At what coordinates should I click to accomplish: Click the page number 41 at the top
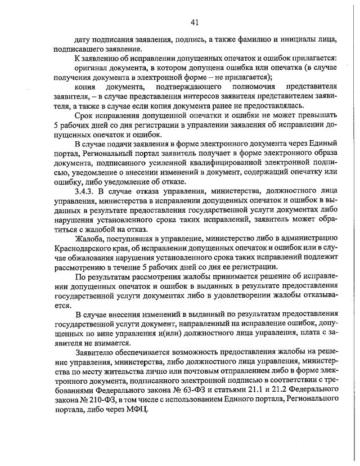[x=195, y=23]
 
